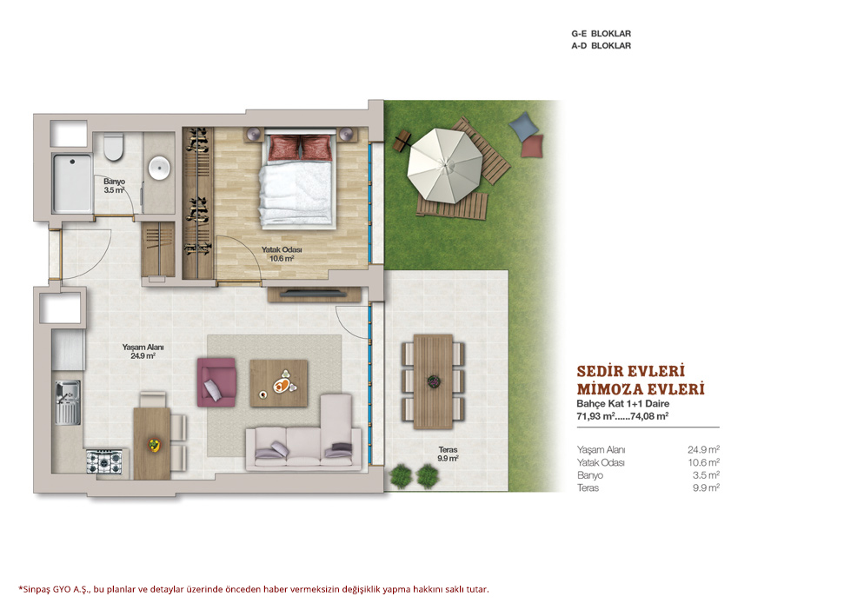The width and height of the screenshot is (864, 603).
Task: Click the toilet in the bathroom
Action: (x=114, y=147)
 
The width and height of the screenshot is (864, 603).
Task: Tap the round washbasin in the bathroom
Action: (x=160, y=168)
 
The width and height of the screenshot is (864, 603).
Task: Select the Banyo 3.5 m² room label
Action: (x=114, y=186)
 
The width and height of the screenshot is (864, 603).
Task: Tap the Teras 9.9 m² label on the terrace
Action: (x=448, y=454)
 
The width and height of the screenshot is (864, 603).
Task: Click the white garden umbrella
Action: (x=445, y=164)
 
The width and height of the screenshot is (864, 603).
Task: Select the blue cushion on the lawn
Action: (x=523, y=125)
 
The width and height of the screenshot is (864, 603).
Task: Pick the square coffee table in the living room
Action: (x=279, y=383)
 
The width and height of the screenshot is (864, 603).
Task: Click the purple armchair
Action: (x=216, y=381)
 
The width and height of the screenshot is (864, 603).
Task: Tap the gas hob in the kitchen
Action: (x=104, y=461)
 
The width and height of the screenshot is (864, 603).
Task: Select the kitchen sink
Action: (x=68, y=402)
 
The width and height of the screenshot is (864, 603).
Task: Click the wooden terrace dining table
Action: (x=433, y=381)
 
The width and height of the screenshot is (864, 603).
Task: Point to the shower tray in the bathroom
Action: (x=72, y=183)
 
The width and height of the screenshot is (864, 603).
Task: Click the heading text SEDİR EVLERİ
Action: (x=631, y=371)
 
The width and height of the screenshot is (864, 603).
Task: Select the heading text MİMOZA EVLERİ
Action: (x=641, y=389)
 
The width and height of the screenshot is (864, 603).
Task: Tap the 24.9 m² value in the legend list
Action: (x=704, y=449)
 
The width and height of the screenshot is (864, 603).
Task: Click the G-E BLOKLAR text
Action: (x=601, y=34)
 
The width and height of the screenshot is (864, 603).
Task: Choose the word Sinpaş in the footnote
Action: (x=37, y=589)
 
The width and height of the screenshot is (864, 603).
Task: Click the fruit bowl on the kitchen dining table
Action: (x=154, y=444)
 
